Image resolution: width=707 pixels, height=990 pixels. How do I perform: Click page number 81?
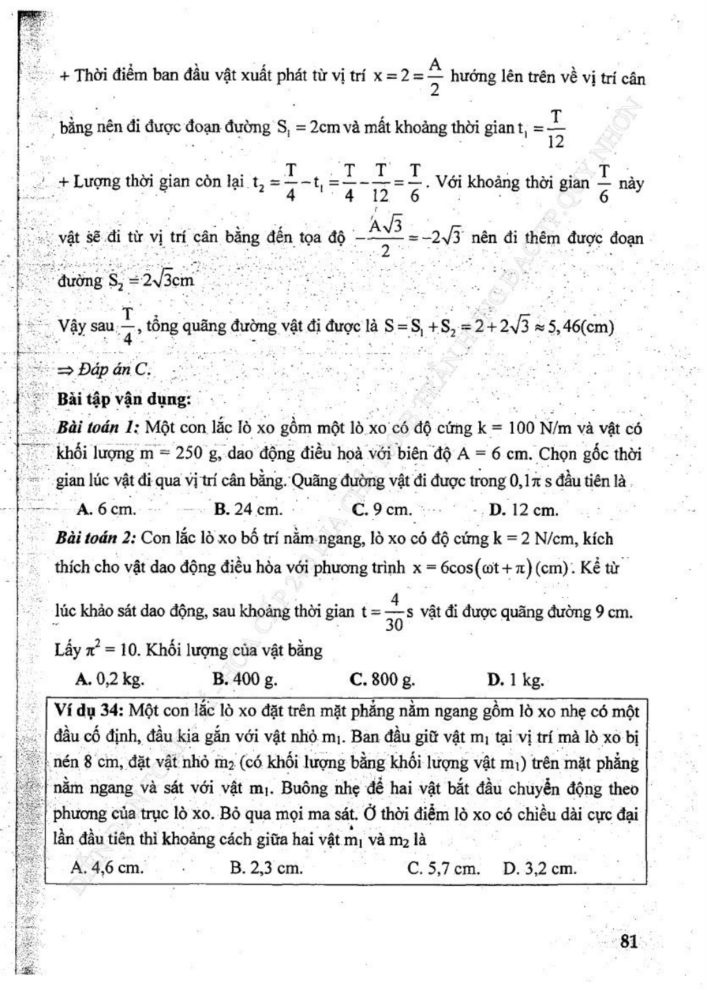[x=628, y=942]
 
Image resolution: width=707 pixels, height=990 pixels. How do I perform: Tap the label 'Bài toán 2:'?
[x=96, y=538]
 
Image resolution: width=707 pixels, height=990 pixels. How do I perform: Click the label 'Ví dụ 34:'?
[x=88, y=710]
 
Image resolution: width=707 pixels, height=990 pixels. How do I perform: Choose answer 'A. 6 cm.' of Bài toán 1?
[x=107, y=510]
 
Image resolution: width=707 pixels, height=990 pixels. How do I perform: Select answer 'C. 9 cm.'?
[x=382, y=510]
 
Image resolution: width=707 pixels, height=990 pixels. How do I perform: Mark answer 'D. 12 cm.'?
[x=523, y=510]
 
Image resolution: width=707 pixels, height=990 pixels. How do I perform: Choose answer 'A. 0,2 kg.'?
[x=110, y=679]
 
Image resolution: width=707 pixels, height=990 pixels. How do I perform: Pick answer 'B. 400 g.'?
[x=245, y=679]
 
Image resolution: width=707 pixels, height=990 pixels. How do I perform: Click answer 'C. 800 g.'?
[x=382, y=679]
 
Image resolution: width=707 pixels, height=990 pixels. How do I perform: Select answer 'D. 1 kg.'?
[x=515, y=680]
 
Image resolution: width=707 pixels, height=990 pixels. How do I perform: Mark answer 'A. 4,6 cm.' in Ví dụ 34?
[x=107, y=868]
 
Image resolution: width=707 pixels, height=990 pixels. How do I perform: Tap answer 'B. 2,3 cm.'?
[x=267, y=868]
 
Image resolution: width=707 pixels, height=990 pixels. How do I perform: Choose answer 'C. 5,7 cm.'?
[x=443, y=868]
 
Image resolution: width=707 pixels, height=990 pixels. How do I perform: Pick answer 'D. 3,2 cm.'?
[x=539, y=868]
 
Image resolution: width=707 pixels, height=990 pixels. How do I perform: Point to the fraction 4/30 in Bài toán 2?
[x=394, y=611]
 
